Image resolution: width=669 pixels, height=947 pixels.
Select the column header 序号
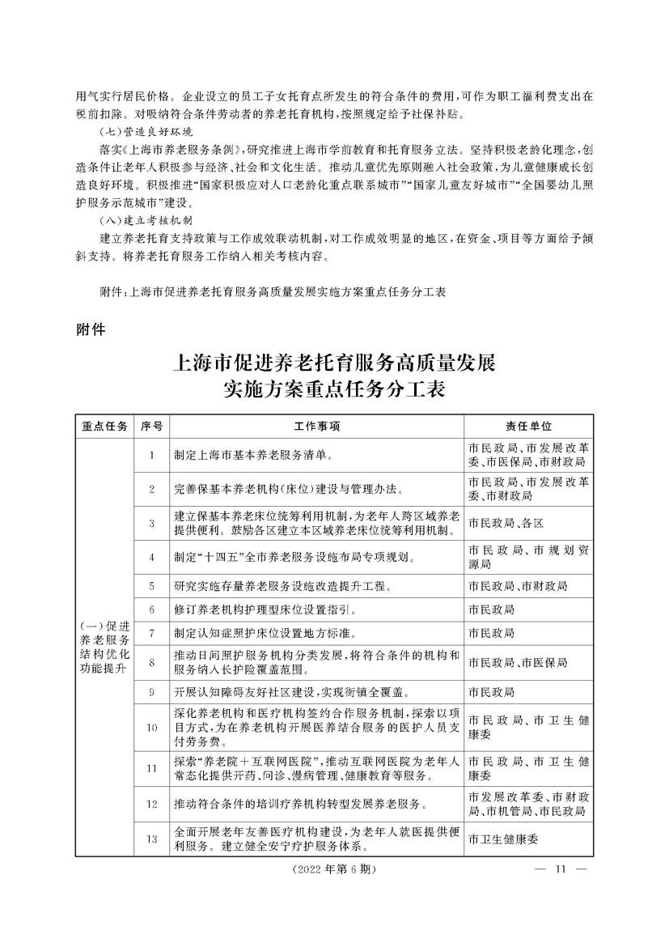pos(151,426)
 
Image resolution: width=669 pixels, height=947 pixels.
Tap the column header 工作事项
pos(316,426)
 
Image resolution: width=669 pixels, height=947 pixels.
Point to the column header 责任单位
pos(529,426)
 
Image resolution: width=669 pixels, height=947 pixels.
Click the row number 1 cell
pos(151,455)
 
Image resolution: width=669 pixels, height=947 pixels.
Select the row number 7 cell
pos(151,632)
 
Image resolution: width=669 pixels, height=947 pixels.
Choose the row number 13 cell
pos(151,839)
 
